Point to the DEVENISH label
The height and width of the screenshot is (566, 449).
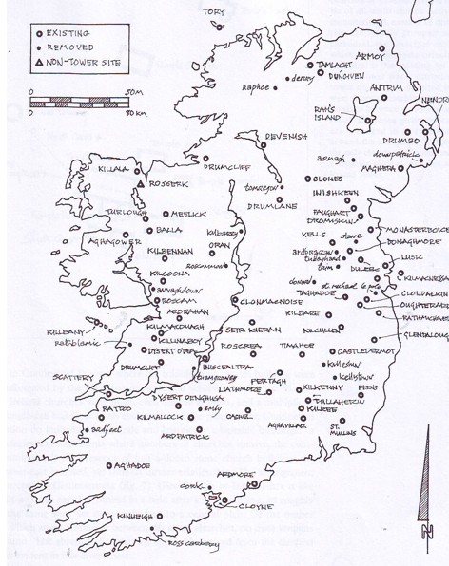click(x=285, y=136)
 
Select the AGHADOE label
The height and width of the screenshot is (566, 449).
click(x=131, y=466)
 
